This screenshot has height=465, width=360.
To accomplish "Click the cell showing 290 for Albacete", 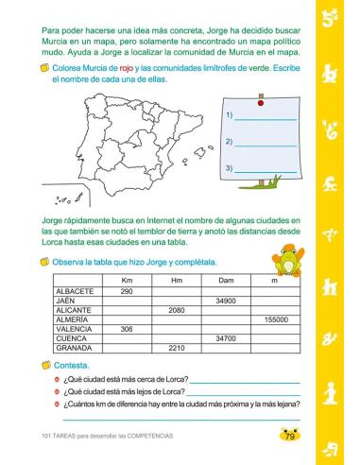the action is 127,291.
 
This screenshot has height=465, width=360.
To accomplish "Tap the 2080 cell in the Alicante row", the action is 176,310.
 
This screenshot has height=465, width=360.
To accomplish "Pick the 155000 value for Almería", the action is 276,319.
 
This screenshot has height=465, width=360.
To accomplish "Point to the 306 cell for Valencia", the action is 127,328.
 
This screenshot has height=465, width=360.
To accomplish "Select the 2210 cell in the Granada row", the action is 176,347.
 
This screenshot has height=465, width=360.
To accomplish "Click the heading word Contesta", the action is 72,364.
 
